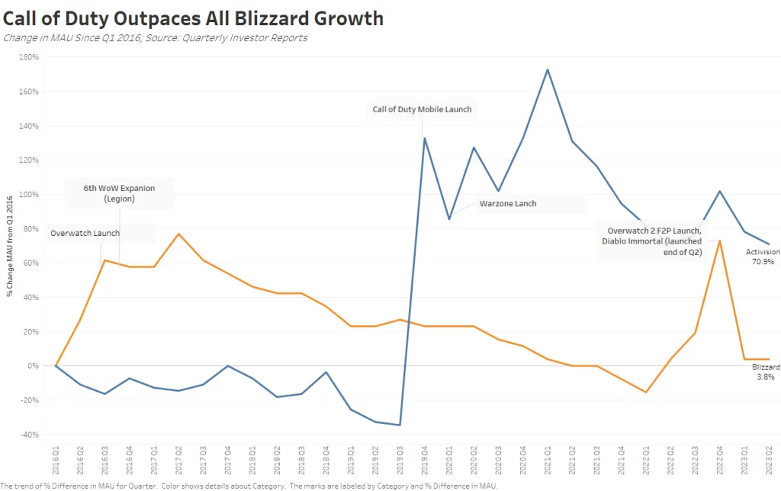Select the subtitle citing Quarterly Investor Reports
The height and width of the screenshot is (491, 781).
click(x=155, y=37)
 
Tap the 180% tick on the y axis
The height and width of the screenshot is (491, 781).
click(x=28, y=57)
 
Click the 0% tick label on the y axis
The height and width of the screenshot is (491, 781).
click(x=32, y=366)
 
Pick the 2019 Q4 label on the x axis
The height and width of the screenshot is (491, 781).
click(x=425, y=462)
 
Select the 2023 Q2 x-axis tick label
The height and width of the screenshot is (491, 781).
click(x=769, y=462)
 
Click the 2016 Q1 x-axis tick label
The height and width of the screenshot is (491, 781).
click(x=56, y=462)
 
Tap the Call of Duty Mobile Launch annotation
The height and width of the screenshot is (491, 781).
click(x=422, y=109)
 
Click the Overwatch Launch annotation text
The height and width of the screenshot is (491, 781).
click(x=85, y=233)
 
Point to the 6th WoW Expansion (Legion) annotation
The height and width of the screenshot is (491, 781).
click(x=120, y=193)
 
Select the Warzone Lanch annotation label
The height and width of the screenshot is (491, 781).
click(x=508, y=204)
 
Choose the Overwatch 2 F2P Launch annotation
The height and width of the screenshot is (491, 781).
click(x=654, y=241)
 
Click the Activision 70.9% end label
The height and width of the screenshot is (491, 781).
click(x=763, y=257)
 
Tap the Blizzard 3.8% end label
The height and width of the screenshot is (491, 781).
click(x=766, y=371)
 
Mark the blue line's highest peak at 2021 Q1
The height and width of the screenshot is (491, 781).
click(x=548, y=69)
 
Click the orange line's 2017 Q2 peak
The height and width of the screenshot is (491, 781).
click(x=178, y=234)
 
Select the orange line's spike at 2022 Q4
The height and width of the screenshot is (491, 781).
click(x=720, y=241)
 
